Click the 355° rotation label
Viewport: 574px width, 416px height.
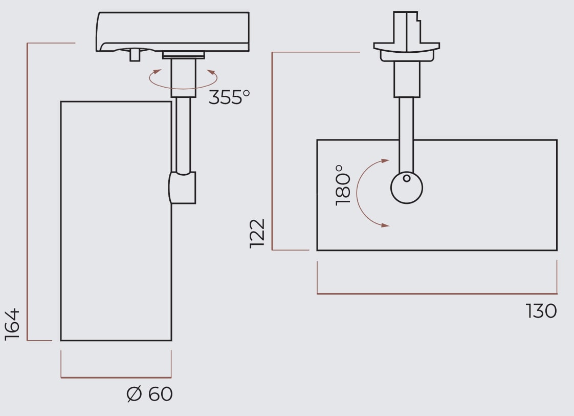click(229, 96)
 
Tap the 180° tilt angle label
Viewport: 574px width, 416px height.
click(343, 185)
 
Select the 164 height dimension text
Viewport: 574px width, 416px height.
click(12, 324)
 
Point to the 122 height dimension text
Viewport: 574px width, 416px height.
click(257, 234)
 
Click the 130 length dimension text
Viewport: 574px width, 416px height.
click(541, 311)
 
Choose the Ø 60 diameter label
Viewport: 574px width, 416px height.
click(149, 394)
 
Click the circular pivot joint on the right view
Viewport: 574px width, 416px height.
click(407, 188)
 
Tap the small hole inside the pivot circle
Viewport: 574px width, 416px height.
click(407, 178)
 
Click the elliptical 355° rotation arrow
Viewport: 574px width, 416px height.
click(183, 79)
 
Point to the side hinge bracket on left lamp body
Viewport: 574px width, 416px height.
click(183, 188)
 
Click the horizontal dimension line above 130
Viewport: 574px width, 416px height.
click(437, 294)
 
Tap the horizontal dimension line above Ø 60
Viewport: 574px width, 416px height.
click(116, 378)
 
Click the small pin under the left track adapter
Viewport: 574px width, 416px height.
click(135, 54)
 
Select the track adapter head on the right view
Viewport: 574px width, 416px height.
click(407, 36)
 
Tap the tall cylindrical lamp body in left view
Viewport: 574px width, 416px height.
click(116, 220)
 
